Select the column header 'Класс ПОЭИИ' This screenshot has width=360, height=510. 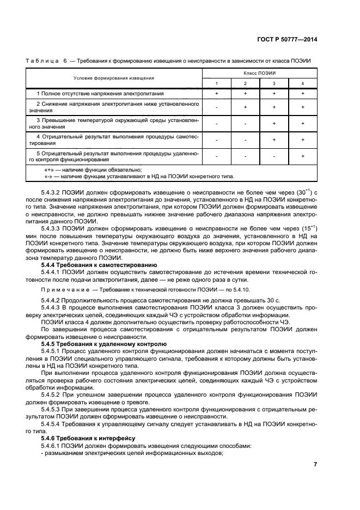(259, 73)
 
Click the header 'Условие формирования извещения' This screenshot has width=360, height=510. (114, 78)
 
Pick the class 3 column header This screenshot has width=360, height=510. (274, 83)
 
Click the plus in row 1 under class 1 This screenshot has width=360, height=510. (217, 94)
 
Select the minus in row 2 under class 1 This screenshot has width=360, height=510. (217, 107)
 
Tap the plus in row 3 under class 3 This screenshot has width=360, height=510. (274, 124)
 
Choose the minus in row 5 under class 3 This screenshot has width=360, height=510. (274, 156)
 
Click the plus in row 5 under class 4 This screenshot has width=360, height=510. (303, 156)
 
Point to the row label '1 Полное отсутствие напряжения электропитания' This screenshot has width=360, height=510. (96, 94)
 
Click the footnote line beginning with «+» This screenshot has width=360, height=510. (93, 170)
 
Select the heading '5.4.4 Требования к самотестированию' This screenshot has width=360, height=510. (91, 265)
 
